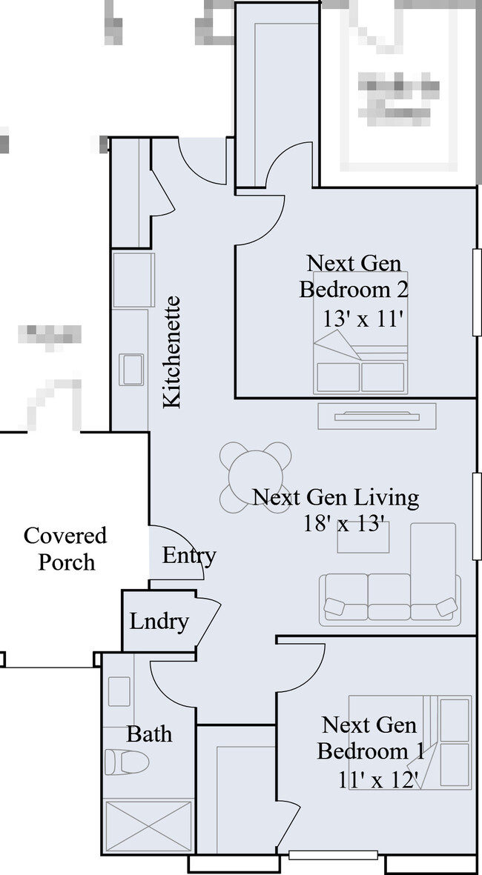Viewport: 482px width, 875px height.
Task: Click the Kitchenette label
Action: tap(171, 352)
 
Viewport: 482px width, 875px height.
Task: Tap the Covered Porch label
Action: tap(65, 549)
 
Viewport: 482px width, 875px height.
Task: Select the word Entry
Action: tap(189, 556)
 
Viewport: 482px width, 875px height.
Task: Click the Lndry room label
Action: tap(159, 621)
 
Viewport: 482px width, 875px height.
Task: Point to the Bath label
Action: tap(149, 734)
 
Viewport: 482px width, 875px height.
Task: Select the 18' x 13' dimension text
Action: tap(343, 524)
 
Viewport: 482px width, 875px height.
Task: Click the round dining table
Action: tap(256, 477)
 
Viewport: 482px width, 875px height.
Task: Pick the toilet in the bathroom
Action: tap(126, 761)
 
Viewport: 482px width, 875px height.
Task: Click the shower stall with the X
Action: tap(148, 828)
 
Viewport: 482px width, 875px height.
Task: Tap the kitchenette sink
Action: tap(133, 369)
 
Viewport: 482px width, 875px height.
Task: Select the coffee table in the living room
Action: tap(363, 539)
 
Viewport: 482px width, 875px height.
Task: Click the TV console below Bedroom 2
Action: tap(377, 416)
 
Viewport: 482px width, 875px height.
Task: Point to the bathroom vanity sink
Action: tap(119, 691)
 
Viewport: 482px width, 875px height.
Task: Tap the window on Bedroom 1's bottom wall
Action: tap(333, 854)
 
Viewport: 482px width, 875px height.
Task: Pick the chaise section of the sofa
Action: tap(433, 567)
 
